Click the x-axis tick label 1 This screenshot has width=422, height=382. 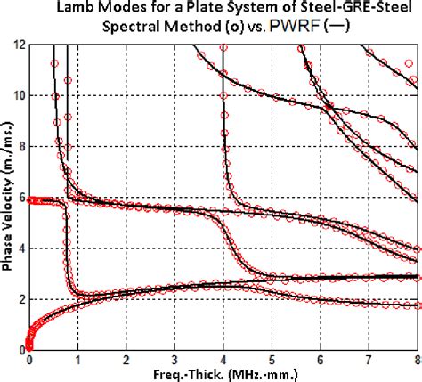point(78,361)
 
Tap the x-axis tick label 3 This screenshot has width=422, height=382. point(174,361)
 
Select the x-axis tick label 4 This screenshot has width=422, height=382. point(223,361)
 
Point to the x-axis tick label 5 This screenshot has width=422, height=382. point(272,361)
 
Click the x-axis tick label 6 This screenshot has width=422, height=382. point(320,361)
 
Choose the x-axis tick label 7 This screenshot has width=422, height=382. point(368,361)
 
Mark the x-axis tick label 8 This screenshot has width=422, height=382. point(416,361)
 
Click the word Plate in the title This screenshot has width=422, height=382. point(218,8)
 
